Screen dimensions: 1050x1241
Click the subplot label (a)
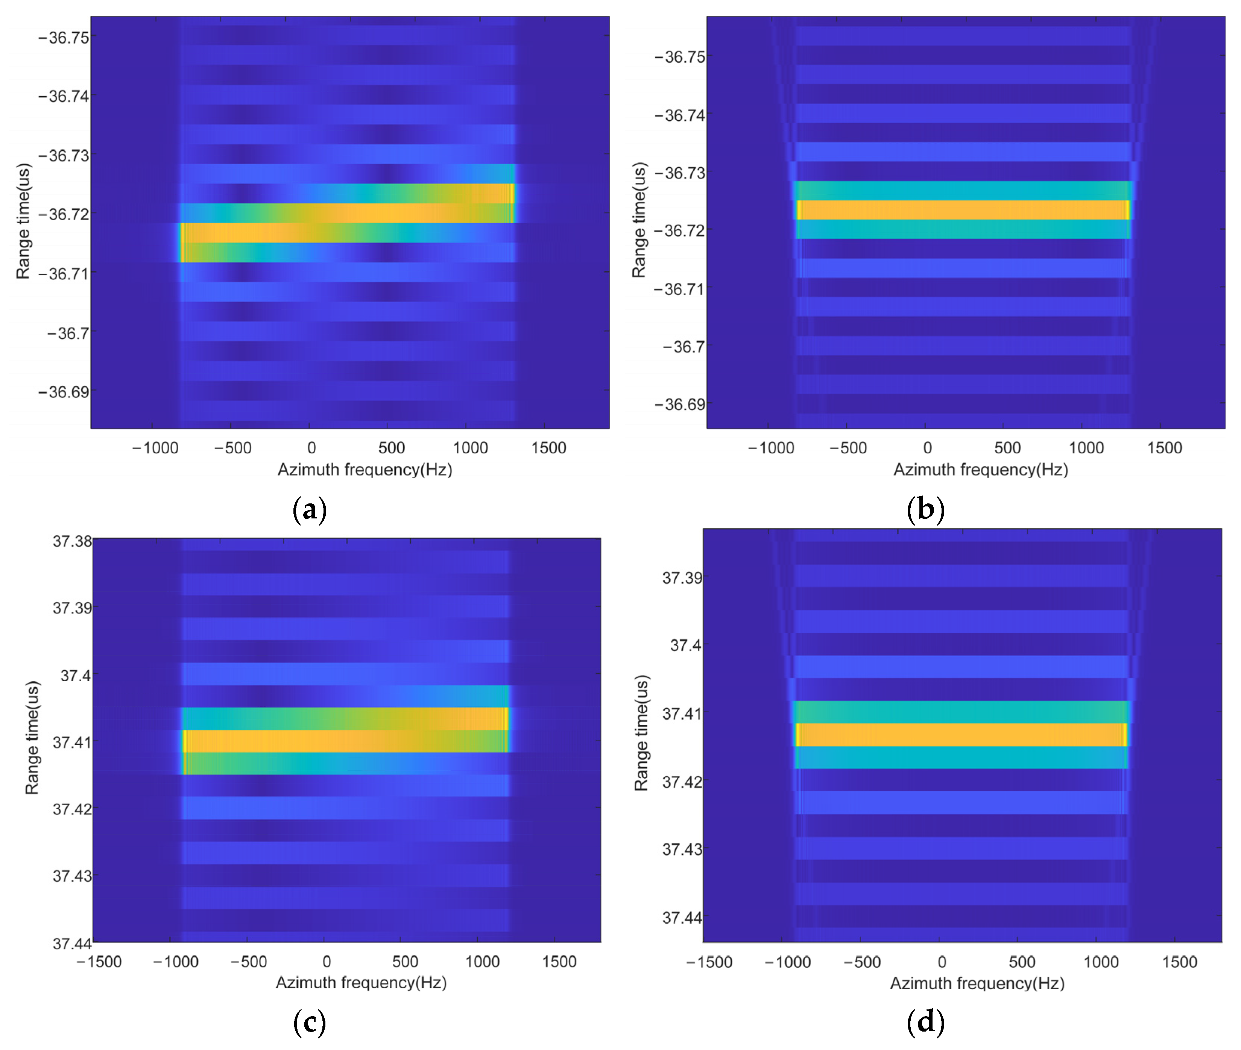tap(310, 509)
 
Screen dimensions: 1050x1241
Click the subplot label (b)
tap(925, 509)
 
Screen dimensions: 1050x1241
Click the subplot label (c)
tap(310, 1022)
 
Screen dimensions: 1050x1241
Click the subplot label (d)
tap(925, 1022)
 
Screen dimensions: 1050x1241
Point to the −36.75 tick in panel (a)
tap(64, 38)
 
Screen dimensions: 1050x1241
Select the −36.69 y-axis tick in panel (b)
tap(679, 404)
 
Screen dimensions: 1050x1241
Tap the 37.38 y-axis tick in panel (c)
tap(72, 541)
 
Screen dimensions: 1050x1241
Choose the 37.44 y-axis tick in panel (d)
tap(682, 917)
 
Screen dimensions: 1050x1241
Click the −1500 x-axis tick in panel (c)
tap(99, 961)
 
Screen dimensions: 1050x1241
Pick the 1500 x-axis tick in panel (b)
tap(1164, 448)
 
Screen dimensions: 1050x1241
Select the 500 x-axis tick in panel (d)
tap(1022, 962)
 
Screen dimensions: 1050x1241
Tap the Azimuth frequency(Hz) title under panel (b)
tap(980, 470)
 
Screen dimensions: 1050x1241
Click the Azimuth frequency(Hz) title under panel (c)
tap(361, 982)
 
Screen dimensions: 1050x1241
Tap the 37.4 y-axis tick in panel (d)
tap(686, 645)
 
